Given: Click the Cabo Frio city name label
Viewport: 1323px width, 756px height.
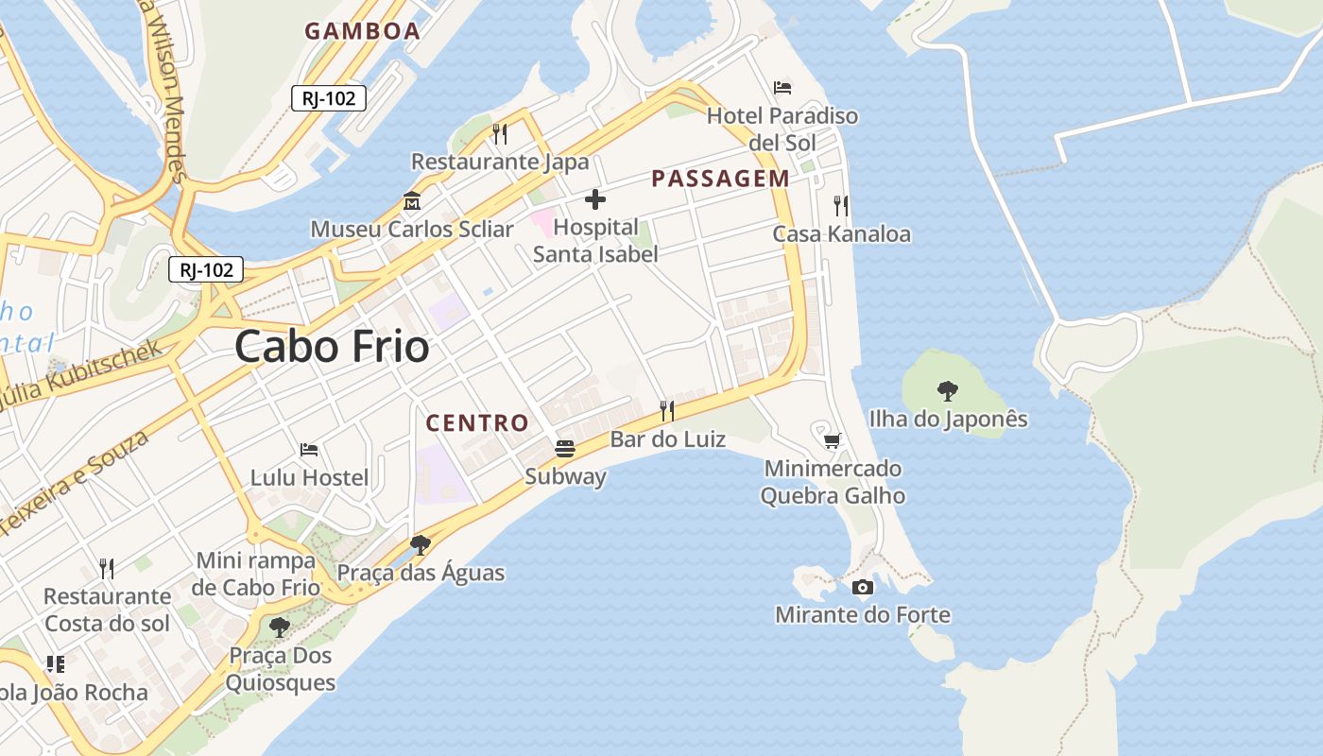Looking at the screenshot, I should pos(332,347).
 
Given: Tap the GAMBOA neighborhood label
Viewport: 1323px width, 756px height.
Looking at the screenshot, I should pos(362,31).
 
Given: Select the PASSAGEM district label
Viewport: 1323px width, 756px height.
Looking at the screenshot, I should pos(721,179).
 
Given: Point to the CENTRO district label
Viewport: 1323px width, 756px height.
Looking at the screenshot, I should pos(477,422).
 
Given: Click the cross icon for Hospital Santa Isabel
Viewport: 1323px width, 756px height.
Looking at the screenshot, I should pos(595,199).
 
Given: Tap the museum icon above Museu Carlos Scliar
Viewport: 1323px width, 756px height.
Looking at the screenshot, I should pos(412,201).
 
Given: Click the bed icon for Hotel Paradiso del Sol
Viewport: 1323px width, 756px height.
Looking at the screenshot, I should pos(782,88).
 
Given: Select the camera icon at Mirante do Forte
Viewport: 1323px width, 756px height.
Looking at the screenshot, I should pos(862,588).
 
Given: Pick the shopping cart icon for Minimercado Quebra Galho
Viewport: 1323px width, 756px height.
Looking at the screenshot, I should pos(833,440).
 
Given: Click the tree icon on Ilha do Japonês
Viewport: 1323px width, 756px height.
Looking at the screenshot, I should pos(947,390).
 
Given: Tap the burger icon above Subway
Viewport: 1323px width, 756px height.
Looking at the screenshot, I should pos(565,448).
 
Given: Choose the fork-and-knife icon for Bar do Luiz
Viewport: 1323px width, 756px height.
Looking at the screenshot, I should pos(667,410).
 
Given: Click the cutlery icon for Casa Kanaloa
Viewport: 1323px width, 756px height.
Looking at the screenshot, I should pos(840,205).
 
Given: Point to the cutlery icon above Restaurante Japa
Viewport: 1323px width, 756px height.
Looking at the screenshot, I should pos(500,134).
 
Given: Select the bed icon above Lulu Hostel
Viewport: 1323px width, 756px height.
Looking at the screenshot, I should pos(309,449).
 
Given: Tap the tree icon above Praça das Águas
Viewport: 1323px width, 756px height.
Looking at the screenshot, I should pos(421,544).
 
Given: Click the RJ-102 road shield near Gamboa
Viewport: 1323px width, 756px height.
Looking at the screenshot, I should pos(328,98).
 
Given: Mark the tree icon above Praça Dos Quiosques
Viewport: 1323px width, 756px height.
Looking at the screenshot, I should pos(279,627).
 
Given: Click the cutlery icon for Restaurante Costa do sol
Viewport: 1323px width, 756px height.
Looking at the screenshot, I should pos(107,568).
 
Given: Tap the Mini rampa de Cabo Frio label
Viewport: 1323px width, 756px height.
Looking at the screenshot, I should pos(256,574).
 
